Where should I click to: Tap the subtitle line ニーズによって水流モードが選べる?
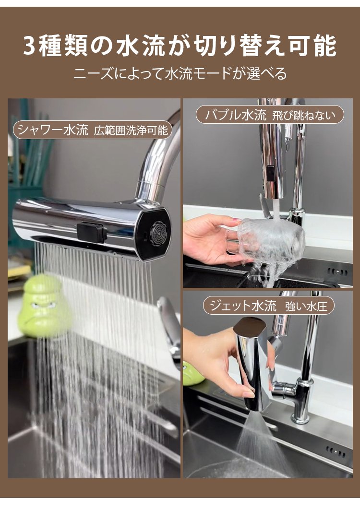tap(180, 73)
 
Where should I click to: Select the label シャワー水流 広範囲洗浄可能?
tap(93, 130)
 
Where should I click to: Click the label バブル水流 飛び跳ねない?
tap(270, 115)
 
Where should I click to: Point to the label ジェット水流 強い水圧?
tap(268, 306)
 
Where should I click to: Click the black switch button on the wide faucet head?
tap(92, 232)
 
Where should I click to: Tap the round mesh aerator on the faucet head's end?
tap(158, 232)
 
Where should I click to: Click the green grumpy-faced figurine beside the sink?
tap(43, 306)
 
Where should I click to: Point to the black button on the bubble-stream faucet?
tap(270, 173)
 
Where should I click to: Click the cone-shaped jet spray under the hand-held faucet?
tap(260, 441)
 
